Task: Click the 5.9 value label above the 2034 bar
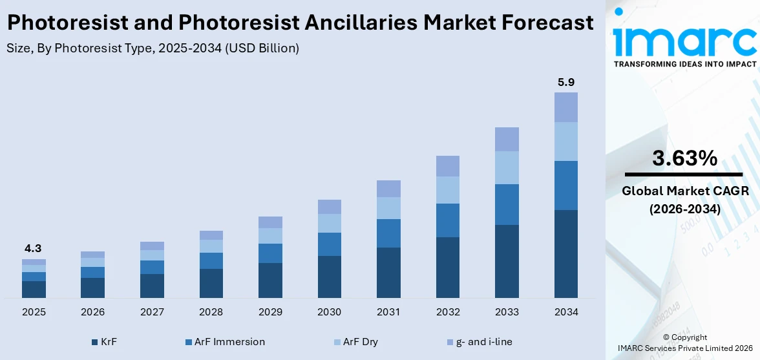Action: coord(566,83)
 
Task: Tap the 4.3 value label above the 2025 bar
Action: coord(34,249)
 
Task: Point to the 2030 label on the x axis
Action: coord(330,312)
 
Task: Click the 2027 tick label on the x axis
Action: coord(152,312)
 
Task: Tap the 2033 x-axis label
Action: coord(507,312)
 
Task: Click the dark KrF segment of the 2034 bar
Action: coord(566,253)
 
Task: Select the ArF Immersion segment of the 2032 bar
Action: coord(448,220)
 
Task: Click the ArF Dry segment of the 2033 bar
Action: coord(507,167)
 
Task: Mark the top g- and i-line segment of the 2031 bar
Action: coord(388,189)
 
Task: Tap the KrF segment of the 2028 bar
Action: coord(211,283)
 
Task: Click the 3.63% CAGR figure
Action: coord(684,158)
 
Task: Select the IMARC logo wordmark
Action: coord(684,40)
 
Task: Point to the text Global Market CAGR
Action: coord(684,191)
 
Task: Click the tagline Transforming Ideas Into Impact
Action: coord(684,64)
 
